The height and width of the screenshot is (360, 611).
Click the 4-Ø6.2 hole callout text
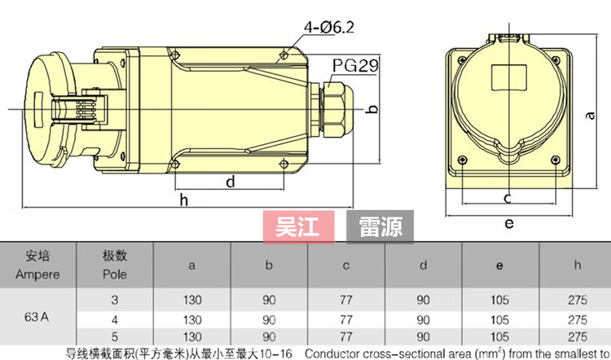(x=329, y=27)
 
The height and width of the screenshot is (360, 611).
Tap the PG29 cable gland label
(x=355, y=65)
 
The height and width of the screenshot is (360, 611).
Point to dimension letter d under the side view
(x=231, y=182)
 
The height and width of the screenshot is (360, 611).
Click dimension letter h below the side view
(x=184, y=200)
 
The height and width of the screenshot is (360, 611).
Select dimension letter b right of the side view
(x=372, y=108)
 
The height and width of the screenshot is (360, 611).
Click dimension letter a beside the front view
(x=591, y=116)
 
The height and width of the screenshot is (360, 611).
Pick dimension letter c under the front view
(x=507, y=198)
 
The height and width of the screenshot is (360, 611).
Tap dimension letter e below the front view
(x=509, y=223)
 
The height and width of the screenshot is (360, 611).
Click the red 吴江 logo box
(x=298, y=226)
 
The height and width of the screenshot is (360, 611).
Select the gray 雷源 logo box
(x=380, y=226)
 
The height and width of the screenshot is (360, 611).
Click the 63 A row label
(x=37, y=317)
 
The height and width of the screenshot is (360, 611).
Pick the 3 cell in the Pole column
(x=115, y=300)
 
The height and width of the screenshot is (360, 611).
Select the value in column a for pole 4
(x=192, y=320)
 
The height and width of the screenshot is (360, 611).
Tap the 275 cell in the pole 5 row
(x=578, y=336)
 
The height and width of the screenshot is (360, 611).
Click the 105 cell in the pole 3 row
(x=499, y=300)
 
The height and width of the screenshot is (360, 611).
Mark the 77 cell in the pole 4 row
(x=346, y=320)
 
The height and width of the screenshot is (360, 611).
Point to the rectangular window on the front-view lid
(x=510, y=77)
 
